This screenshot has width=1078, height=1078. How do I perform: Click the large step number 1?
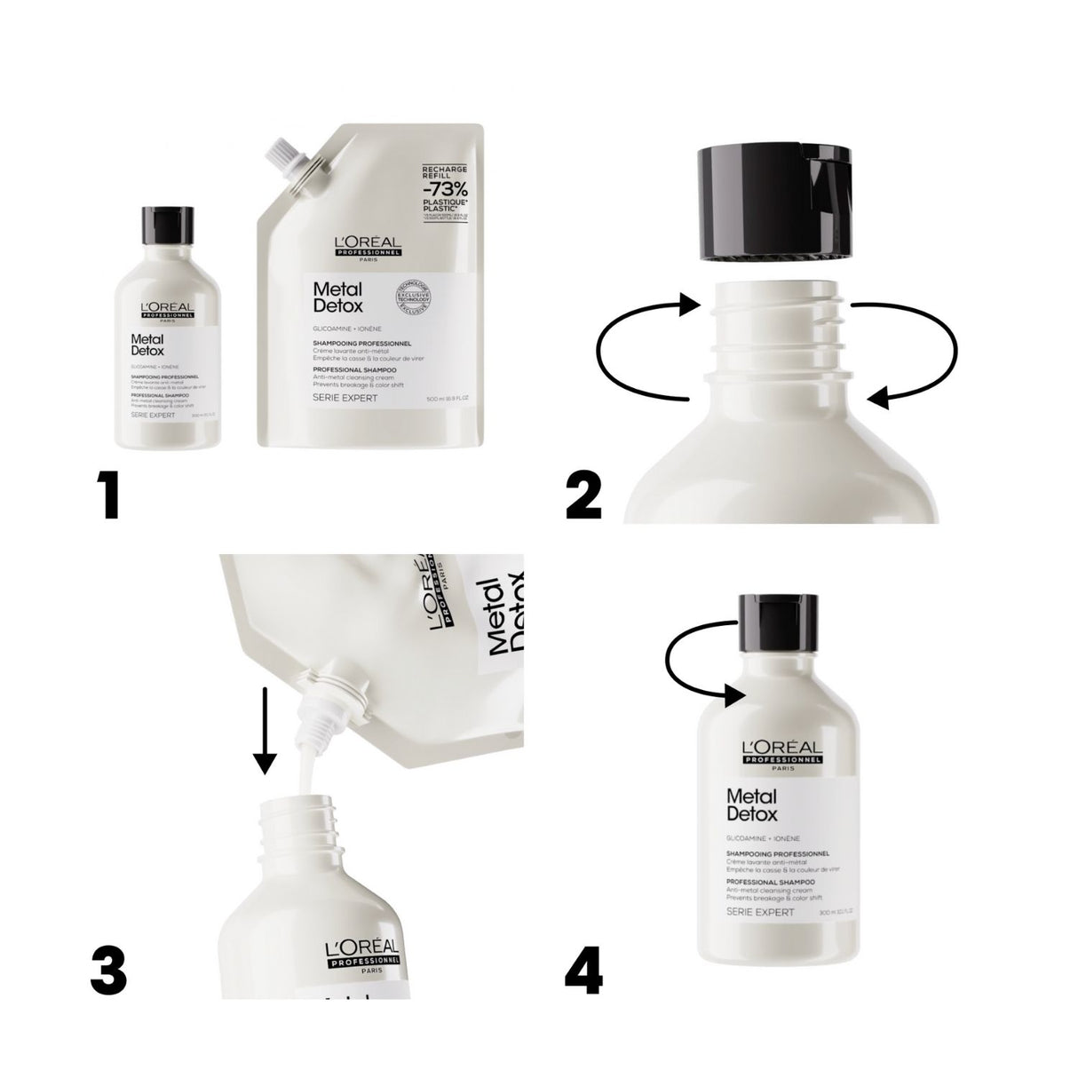110,495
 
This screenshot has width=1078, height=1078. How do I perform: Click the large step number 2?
583,495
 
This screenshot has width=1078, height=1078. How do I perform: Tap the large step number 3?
108,971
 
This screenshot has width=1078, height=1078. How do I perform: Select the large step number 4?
583,971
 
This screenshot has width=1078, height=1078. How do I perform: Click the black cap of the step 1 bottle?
167,225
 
